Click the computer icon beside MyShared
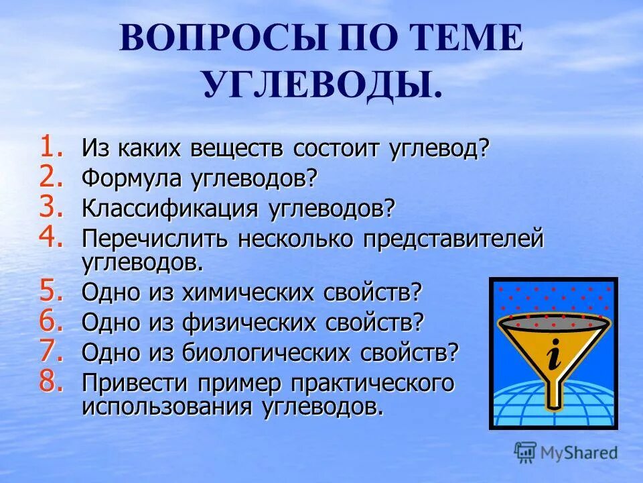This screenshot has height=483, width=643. [x=526, y=452]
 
